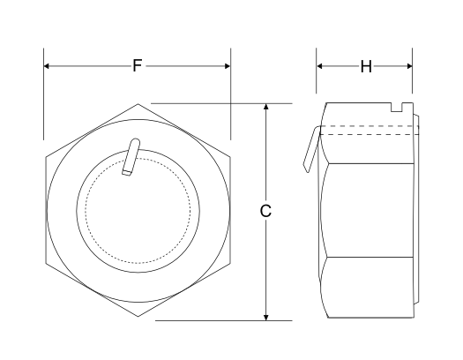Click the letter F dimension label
(137, 65)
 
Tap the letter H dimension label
(365, 66)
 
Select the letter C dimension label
(266, 212)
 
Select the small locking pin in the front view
(131, 159)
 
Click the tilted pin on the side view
(310, 148)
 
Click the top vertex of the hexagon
(138, 104)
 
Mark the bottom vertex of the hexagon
(138, 319)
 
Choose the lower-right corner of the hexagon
(230, 266)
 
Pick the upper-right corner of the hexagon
(230, 158)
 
